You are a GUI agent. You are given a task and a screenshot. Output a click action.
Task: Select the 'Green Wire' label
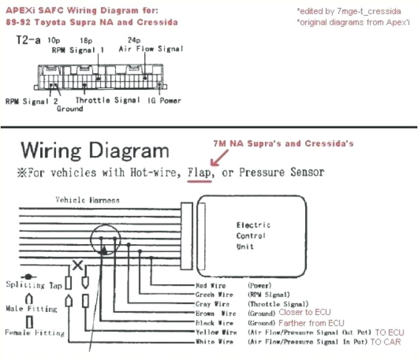tap(214, 295)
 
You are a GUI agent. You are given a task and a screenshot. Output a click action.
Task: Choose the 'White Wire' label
tap(214, 341)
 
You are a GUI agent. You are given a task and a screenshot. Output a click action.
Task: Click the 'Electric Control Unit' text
tap(253, 235)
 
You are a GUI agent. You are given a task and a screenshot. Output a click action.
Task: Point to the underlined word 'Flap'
tap(199, 173)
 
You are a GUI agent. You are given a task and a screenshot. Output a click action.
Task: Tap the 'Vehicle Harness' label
tap(87, 200)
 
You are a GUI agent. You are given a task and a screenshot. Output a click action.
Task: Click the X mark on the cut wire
tap(77, 265)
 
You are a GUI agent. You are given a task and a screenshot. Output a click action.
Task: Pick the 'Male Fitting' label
tap(31, 308)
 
